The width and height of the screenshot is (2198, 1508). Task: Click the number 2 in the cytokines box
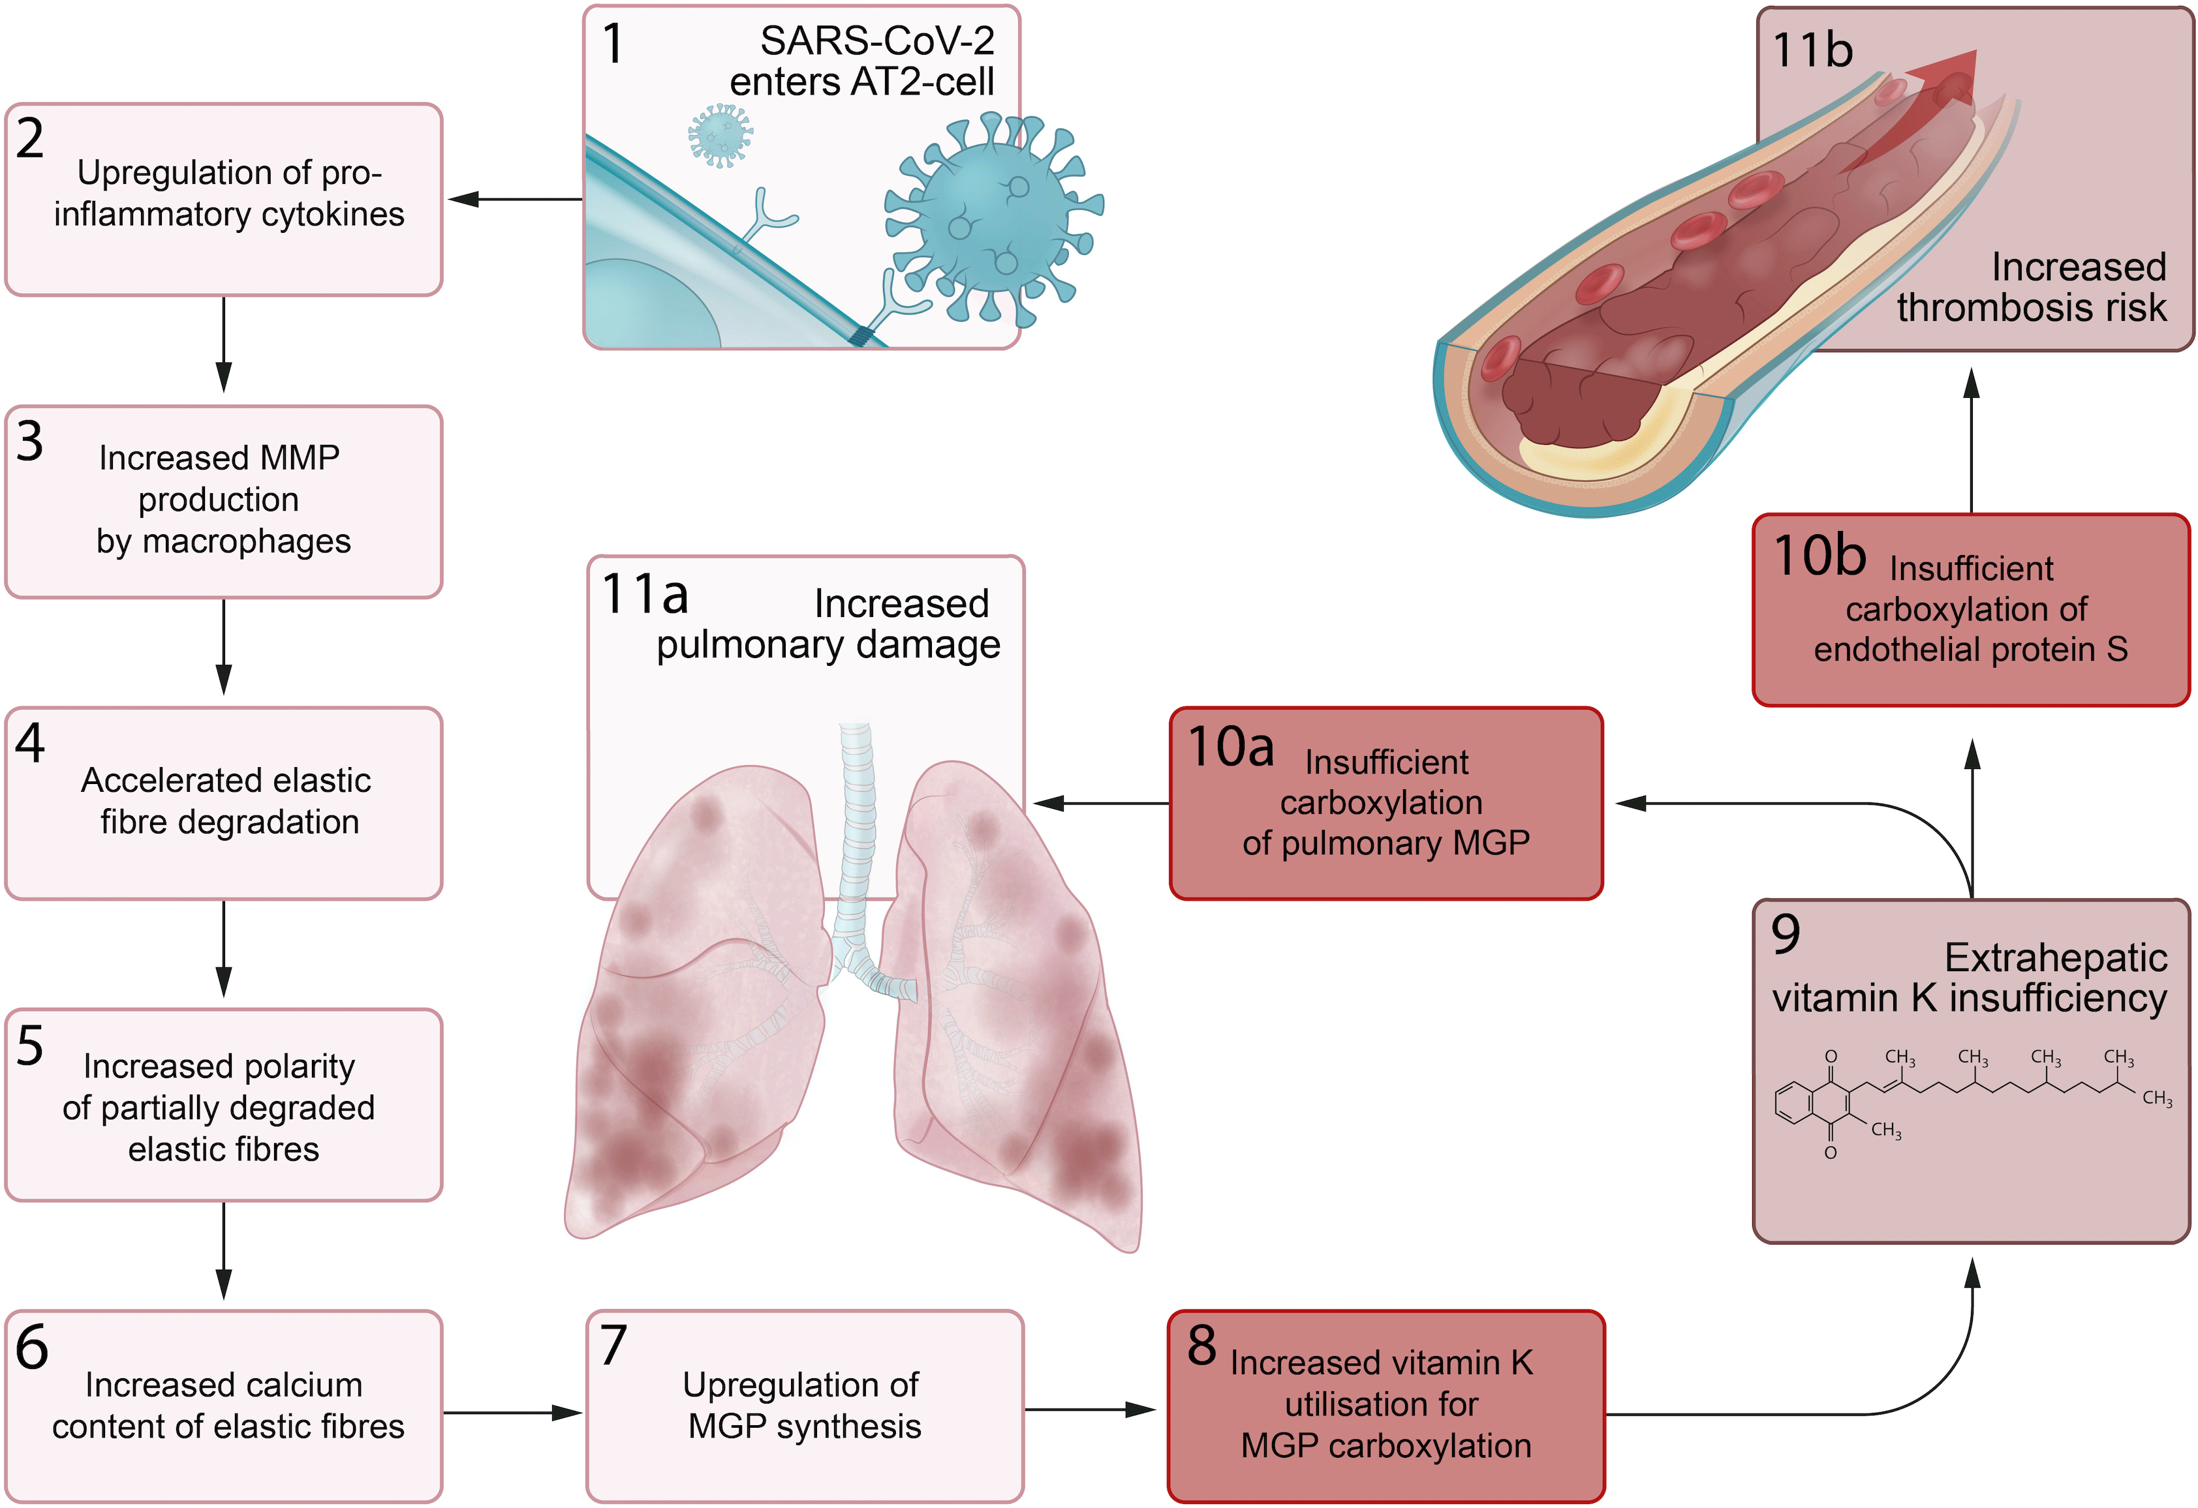[30, 139]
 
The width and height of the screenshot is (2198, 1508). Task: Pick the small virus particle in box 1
[720, 135]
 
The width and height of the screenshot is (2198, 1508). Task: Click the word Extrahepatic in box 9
[2055, 958]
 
